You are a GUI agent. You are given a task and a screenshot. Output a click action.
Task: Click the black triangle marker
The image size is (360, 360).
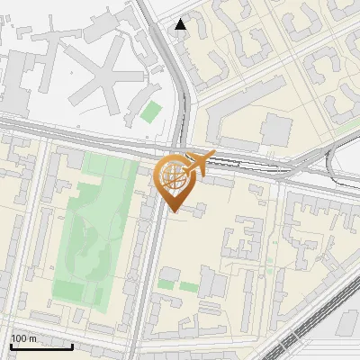click(x=182, y=24)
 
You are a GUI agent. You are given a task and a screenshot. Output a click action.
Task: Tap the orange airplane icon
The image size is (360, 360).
click(x=198, y=163)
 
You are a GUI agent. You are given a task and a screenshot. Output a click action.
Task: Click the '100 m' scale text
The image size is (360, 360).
click(x=24, y=338)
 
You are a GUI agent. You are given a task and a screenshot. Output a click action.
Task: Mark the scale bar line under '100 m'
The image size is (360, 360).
click(x=40, y=346)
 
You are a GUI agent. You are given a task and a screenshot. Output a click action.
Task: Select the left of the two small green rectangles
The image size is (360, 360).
click(x=166, y=284)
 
